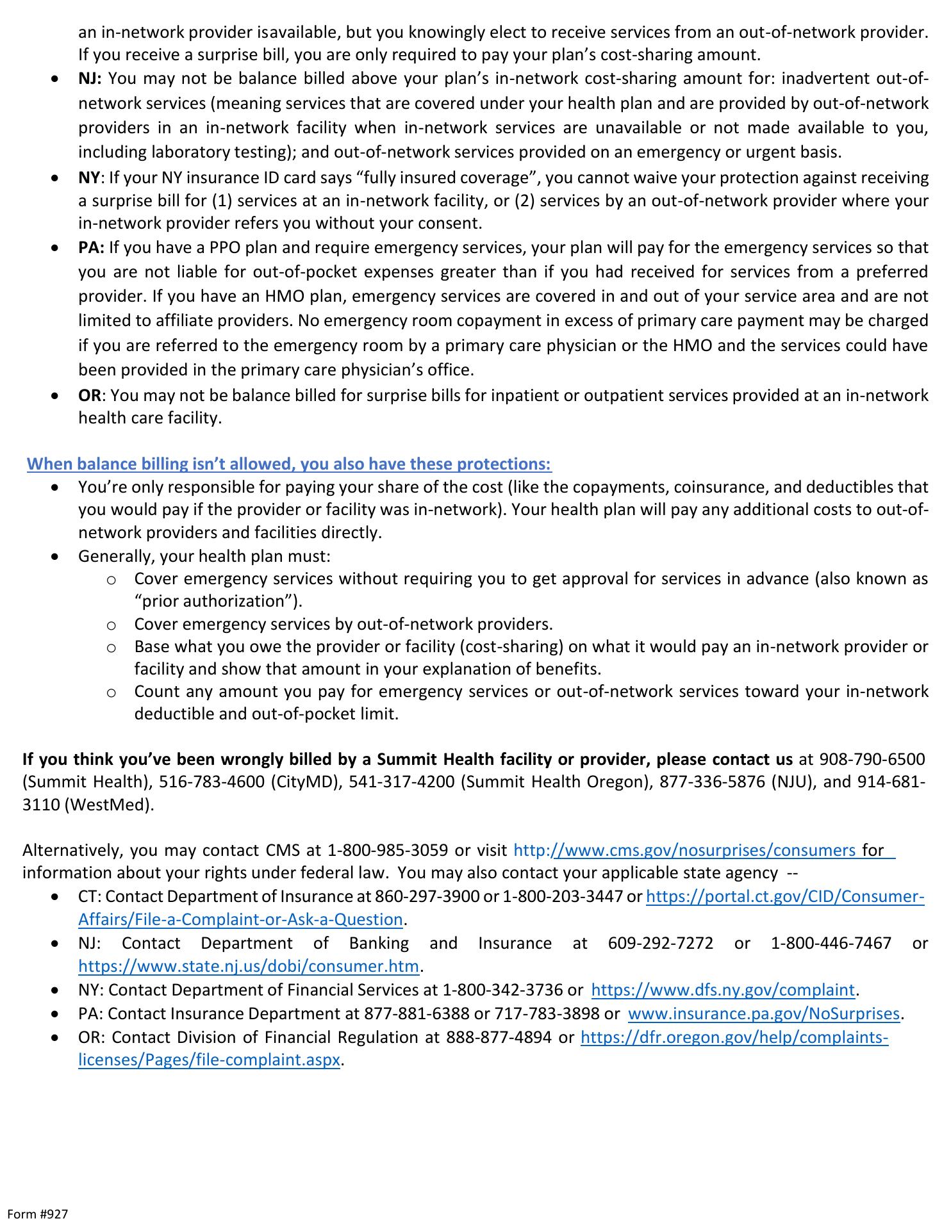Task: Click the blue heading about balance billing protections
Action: point(289,464)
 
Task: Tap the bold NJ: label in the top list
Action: point(90,79)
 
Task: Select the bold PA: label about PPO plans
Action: point(91,248)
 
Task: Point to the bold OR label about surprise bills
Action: point(90,395)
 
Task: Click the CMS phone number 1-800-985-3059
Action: point(388,851)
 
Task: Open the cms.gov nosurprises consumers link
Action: point(684,851)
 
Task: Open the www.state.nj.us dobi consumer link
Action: point(249,965)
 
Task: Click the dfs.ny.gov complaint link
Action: point(723,990)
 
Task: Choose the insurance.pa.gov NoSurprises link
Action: point(764,1013)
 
